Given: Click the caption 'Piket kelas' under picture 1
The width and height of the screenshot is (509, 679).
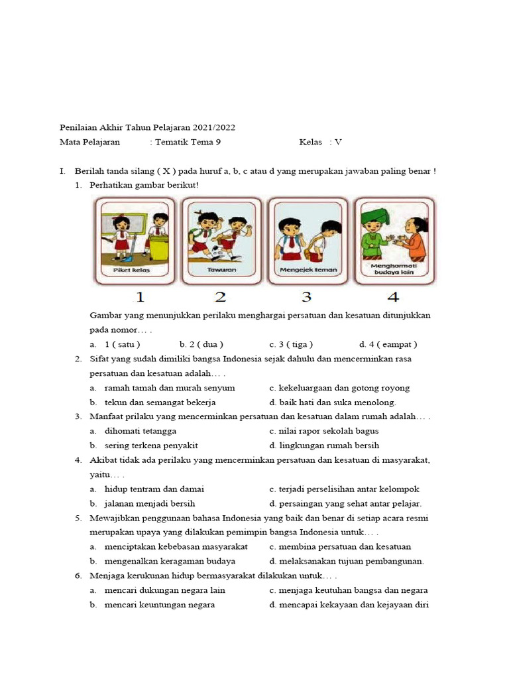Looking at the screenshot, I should (131, 271).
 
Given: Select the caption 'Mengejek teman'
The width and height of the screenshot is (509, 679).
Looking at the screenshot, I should (308, 270).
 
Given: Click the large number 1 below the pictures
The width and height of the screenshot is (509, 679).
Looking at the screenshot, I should (140, 297).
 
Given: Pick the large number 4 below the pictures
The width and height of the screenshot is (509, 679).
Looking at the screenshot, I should (394, 297).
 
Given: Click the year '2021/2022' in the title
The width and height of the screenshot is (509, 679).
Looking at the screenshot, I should (215, 127).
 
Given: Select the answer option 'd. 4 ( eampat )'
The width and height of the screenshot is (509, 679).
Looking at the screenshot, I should (388, 344).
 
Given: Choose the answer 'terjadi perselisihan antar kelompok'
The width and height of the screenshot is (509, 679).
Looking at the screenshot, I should (349, 489).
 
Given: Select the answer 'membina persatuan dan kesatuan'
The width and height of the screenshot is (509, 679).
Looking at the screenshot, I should (345, 546).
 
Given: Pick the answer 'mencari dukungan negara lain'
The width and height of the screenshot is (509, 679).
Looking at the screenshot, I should (165, 590).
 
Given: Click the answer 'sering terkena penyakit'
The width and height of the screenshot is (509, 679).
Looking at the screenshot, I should (151, 446).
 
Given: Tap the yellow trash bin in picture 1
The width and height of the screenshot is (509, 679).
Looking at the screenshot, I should (158, 246).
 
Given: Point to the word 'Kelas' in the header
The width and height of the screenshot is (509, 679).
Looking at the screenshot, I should (310, 142).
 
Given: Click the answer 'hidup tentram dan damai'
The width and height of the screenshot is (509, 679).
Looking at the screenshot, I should (154, 489).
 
